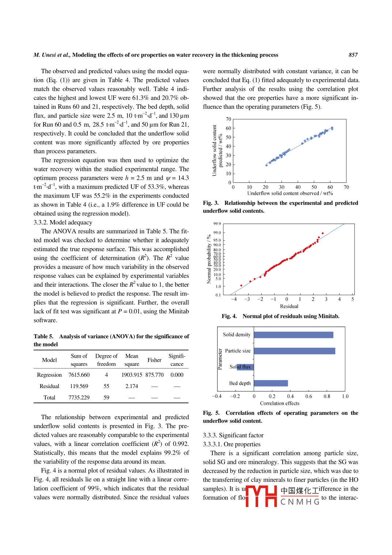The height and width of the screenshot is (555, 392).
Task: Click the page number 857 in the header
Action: (x=353, y=55)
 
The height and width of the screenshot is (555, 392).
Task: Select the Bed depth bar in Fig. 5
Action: (x=271, y=383)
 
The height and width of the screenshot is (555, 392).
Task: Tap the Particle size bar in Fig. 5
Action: (x=294, y=351)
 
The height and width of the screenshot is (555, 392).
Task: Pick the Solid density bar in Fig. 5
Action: (x=294, y=335)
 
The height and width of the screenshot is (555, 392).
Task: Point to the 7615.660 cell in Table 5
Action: (x=79, y=375)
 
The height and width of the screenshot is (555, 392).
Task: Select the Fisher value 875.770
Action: (x=154, y=375)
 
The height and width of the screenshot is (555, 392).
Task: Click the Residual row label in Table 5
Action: (x=49, y=386)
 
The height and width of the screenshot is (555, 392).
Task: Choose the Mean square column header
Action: (x=132, y=360)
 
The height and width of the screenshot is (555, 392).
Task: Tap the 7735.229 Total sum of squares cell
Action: (x=79, y=398)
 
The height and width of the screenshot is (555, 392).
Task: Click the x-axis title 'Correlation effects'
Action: (x=280, y=403)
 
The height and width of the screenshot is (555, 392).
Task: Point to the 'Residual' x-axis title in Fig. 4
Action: (x=289, y=306)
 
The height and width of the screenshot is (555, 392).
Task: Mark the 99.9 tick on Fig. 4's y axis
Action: (x=217, y=224)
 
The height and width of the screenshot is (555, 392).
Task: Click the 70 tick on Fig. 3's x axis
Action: (x=346, y=187)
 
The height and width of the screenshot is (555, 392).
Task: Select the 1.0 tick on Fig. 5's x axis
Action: (x=345, y=396)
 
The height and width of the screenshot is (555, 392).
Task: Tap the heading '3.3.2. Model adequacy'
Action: (x=63, y=223)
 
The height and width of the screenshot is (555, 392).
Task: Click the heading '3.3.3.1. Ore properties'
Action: (x=231, y=444)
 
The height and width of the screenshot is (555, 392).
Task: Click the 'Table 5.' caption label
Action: (x=44, y=336)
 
